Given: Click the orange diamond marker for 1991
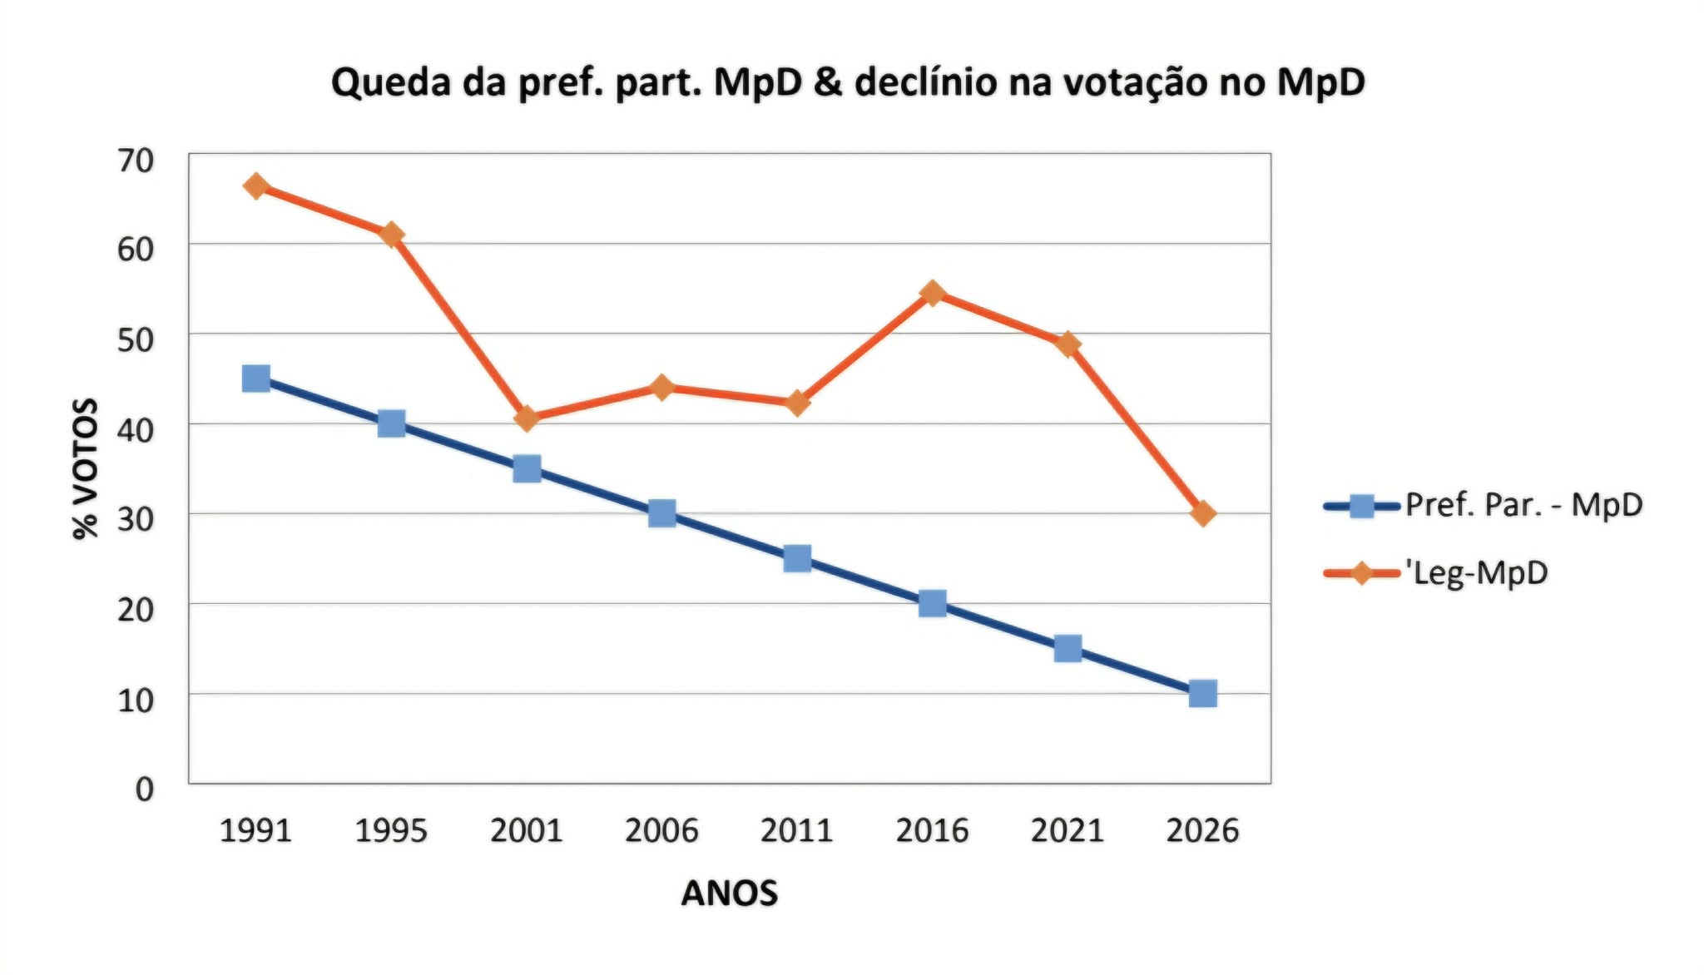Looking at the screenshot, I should coord(255,186).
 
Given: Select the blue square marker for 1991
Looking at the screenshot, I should coord(255,379).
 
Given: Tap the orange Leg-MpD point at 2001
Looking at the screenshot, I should coord(526,418).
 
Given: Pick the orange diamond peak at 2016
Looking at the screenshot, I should coord(932,293).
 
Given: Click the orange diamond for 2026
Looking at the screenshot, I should coord(1202,513).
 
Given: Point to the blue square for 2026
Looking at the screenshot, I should coord(1202,693).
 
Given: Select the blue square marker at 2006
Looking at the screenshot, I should coord(661,513).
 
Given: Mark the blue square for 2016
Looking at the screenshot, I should coord(932,603).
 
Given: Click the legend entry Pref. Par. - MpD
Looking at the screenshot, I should coord(1523,505).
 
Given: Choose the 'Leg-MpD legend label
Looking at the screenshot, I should coord(1476,572).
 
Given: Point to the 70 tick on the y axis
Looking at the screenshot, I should coord(136,161).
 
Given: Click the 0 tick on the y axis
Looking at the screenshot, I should coord(144,789).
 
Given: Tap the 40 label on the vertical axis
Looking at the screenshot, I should coord(136,430).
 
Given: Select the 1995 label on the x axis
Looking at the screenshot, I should coord(390,830).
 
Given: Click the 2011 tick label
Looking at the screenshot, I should coord(796,830).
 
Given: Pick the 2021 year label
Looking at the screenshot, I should coord(1067,830).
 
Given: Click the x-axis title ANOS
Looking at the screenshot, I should coord(729,893).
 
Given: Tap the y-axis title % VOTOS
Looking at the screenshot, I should coord(85,468).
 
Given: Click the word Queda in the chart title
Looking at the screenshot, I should coord(390,83).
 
